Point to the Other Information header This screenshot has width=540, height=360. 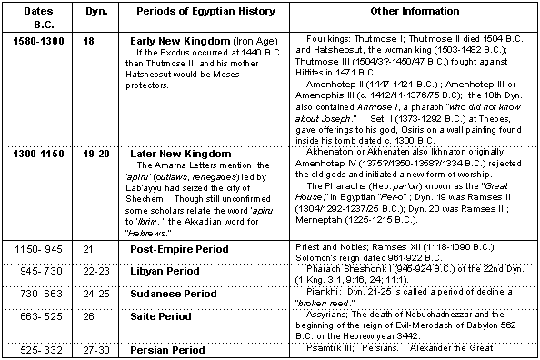[x=415, y=20]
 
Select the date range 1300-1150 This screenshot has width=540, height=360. [x=36, y=154]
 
